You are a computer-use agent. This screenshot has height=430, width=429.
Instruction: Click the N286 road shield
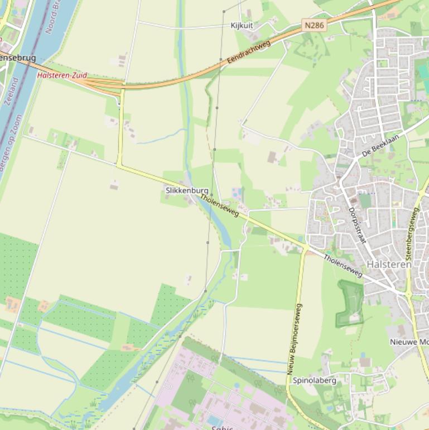(315, 25)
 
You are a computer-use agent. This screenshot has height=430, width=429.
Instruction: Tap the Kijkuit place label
(242, 26)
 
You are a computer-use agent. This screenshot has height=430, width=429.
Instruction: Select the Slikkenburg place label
(187, 190)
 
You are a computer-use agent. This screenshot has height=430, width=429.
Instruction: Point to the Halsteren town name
(389, 264)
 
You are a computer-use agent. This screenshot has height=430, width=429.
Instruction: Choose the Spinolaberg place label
(315, 380)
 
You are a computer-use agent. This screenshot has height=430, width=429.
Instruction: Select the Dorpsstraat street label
(356, 226)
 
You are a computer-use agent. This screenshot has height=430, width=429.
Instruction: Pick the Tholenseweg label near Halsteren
(343, 265)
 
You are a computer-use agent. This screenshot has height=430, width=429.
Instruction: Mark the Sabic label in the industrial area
(218, 426)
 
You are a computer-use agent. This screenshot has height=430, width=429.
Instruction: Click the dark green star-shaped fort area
(350, 303)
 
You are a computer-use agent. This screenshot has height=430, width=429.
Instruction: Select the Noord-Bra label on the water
(55, 16)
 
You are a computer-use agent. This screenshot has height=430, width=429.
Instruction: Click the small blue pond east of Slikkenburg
(236, 194)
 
